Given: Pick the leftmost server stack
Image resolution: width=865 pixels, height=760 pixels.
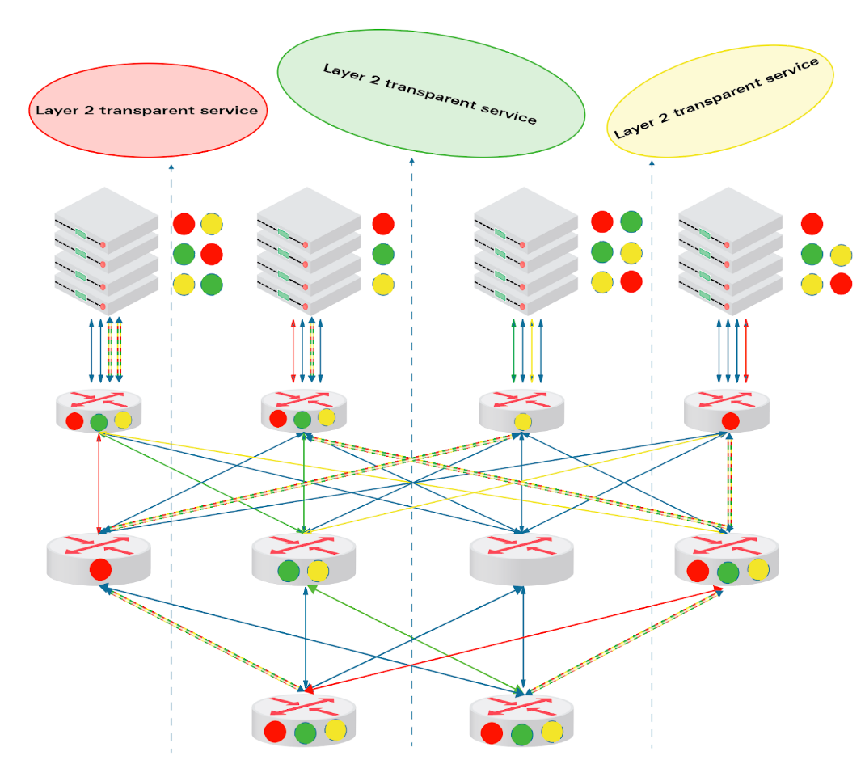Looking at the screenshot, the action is [107, 251].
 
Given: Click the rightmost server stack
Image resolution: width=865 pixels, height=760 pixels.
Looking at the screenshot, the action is [730, 251].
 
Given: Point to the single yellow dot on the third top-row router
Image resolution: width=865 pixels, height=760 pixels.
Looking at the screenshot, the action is [522, 422].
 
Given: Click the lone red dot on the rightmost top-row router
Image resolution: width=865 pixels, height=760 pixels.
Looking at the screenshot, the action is [730, 421].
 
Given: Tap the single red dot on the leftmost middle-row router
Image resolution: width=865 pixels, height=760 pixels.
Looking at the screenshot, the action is [100, 569].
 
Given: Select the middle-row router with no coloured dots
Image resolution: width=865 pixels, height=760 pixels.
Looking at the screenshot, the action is [521, 560].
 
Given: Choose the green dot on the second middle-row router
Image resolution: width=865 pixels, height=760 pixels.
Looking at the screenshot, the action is [289, 572].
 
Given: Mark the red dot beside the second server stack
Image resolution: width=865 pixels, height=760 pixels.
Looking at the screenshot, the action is [383, 224].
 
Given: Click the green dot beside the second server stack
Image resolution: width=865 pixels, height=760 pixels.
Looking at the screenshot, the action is [383, 255].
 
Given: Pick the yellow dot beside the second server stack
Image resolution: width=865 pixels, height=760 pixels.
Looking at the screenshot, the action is [383, 285].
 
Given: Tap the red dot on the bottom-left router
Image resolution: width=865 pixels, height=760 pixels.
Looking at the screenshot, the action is [275, 732].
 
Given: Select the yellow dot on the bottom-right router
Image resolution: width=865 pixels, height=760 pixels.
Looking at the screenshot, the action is [551, 732].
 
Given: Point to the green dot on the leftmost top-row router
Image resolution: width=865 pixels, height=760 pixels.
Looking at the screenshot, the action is [99, 423].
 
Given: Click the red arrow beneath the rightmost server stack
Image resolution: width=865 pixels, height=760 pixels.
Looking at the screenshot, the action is [746, 351].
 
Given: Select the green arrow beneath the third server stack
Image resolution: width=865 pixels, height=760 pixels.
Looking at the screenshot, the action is [513, 351].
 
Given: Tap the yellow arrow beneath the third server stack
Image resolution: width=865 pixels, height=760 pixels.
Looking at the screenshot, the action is [532, 351].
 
